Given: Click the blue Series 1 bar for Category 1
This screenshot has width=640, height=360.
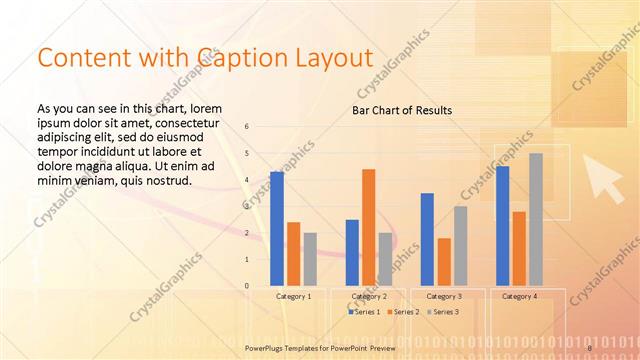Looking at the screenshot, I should coord(276,229).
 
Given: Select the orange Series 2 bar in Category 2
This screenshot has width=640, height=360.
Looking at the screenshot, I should coord(368,227).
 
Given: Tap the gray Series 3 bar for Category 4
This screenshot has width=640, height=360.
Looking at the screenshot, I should coord(536,219).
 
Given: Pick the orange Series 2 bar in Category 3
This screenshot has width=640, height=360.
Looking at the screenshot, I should coord(443,262).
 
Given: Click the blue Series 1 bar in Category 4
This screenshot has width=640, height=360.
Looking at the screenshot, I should coord(502,226).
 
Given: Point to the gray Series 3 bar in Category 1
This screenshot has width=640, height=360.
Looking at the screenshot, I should coord(310,259).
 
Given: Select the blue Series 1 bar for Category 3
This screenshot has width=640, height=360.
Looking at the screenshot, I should coord(427,239).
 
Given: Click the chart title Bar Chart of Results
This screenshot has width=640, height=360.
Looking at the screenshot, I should coord(402,109).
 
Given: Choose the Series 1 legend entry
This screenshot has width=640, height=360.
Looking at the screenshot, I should coord(364,312).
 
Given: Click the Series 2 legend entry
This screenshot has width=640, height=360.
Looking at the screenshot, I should coord(401,312).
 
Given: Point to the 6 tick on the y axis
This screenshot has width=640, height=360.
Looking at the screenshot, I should coord(247,127).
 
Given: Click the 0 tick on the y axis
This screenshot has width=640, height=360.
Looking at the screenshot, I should coord(247,286).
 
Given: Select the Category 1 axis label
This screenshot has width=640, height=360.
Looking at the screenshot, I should coord(293,297).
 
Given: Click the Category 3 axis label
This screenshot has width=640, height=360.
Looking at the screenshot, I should coord(443,297).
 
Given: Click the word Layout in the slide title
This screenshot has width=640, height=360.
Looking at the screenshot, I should coord(332,59).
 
